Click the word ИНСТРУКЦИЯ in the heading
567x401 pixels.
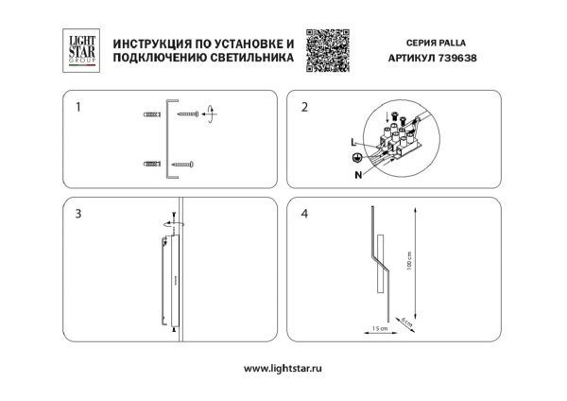[152, 44]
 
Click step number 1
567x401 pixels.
[77, 107]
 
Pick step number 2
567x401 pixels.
[303, 107]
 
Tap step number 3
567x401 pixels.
[77, 214]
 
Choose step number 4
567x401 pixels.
[303, 214]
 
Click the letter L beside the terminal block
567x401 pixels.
[352, 141]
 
